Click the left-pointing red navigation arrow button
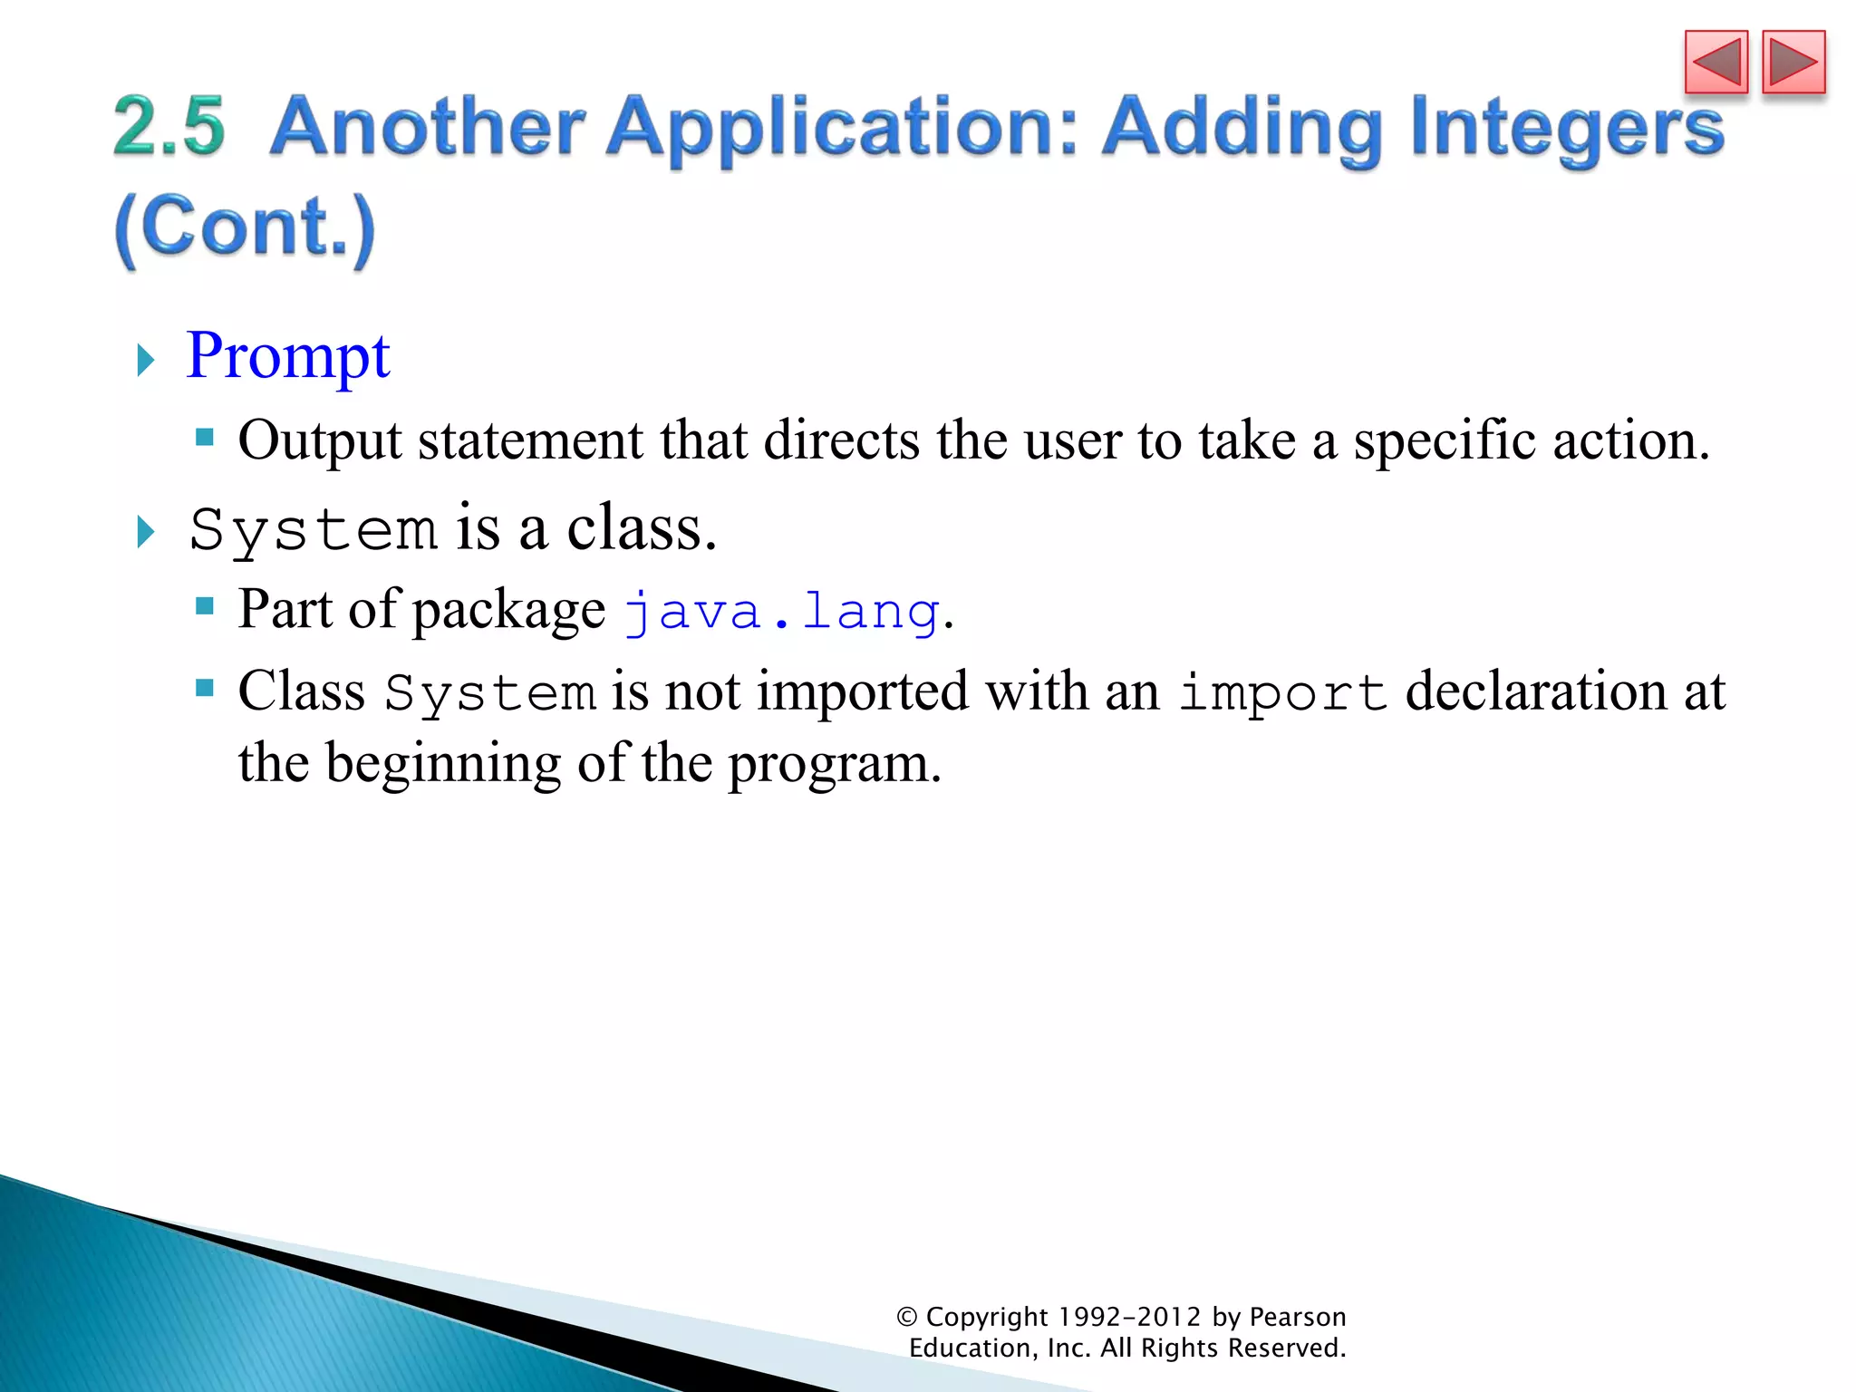pos(1716,63)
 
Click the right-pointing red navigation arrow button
pos(1793,63)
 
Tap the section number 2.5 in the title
pos(169,126)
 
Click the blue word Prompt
pos(287,356)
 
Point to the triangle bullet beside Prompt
pos(145,361)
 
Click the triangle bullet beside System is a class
pos(145,532)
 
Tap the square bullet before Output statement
pos(205,439)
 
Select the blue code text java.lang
pos(782,612)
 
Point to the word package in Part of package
pos(509,610)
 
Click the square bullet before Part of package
pos(205,605)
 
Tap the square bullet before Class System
pos(205,689)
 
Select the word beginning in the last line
pos(443,764)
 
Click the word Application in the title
pos(843,128)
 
